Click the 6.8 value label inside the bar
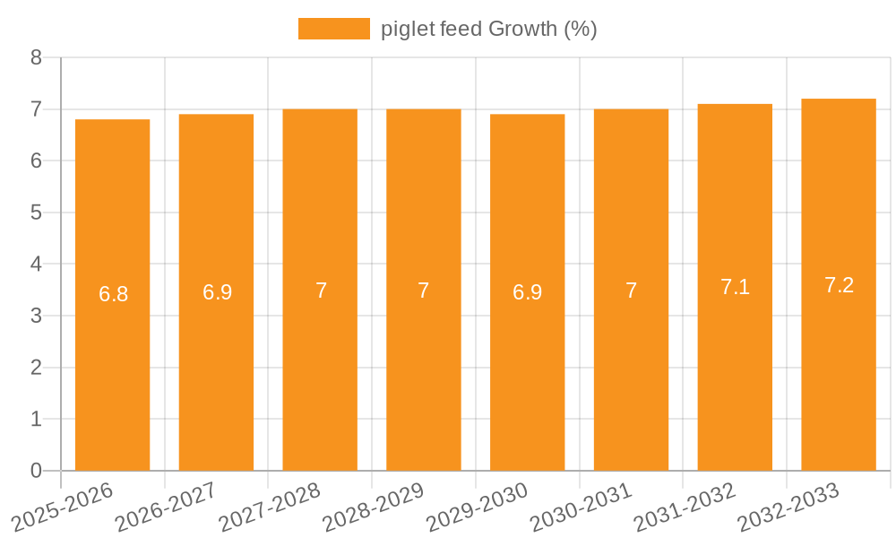coord(113,294)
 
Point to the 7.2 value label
coord(839,285)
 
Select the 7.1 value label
coord(735,287)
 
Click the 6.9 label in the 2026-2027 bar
coord(217,292)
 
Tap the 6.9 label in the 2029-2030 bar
coord(527,292)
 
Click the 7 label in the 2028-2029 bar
coord(424,291)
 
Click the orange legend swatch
coord(333,29)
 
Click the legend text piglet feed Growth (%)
coord(488,29)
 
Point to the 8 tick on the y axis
coord(36,57)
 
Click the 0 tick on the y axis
coord(36,471)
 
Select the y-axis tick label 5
coord(36,213)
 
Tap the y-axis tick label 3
coord(36,316)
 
